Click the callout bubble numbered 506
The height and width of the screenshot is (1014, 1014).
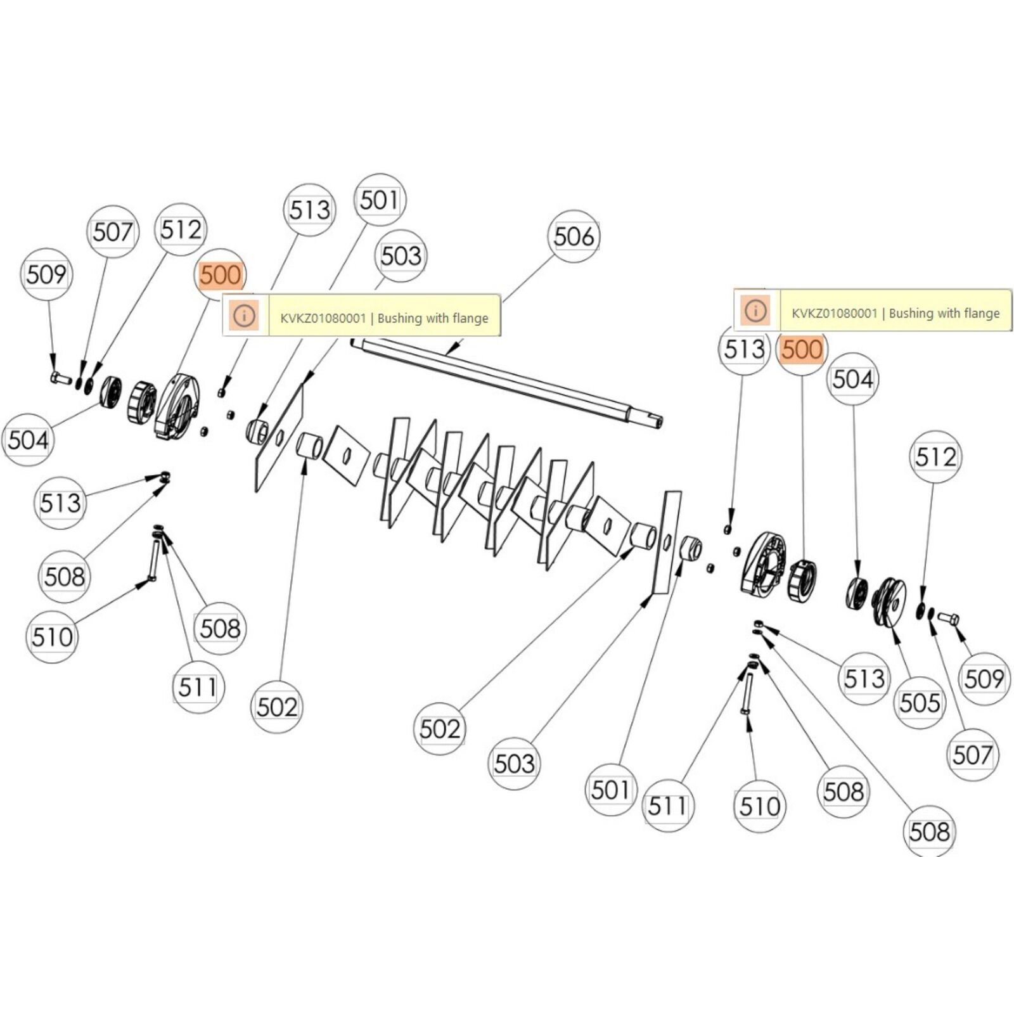click(x=574, y=237)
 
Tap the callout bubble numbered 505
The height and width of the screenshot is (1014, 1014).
click(x=919, y=703)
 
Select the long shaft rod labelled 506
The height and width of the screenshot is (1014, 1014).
click(x=507, y=380)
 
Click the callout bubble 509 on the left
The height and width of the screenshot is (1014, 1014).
click(x=46, y=274)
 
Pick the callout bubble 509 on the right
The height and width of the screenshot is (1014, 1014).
click(x=984, y=679)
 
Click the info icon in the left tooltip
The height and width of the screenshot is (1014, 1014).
click(x=245, y=315)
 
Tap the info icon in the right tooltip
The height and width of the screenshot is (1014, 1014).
click(x=755, y=311)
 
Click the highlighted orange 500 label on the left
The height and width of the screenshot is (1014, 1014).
click(x=220, y=276)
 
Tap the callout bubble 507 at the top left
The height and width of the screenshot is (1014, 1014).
click(x=112, y=232)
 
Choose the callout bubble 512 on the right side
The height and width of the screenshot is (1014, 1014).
click(x=935, y=457)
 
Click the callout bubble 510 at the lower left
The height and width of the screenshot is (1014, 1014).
click(x=52, y=637)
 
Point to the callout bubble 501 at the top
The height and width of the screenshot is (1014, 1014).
click(x=379, y=200)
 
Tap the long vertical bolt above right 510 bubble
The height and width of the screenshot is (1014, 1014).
click(x=746, y=695)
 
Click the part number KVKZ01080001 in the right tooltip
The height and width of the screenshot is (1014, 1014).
click(x=834, y=313)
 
